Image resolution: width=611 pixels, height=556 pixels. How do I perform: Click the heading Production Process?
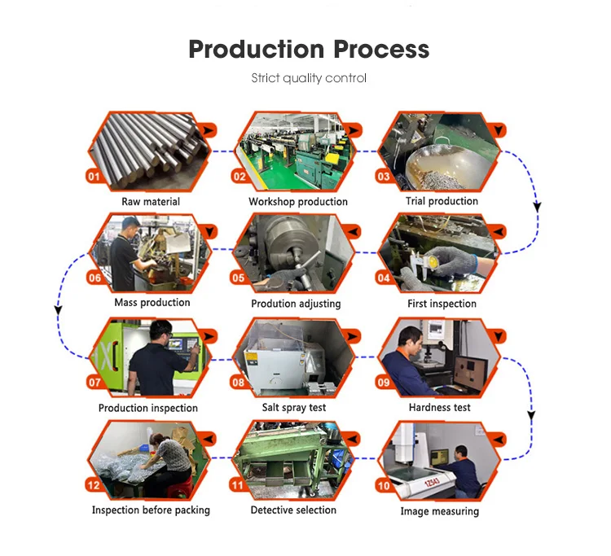point(309,49)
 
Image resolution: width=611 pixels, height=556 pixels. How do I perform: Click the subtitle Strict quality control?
point(309,78)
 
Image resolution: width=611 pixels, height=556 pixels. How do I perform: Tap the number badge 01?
point(94,176)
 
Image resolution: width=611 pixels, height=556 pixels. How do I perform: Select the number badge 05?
point(238,278)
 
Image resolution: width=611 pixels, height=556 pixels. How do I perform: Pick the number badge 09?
point(383,382)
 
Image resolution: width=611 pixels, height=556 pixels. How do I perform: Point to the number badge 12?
point(94,487)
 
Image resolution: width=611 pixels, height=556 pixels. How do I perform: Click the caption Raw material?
point(151,201)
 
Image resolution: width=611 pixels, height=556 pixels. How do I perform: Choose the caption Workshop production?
point(298,201)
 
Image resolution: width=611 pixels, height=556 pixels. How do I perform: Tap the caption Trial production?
point(442,201)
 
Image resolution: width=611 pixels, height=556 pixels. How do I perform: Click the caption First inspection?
point(442,304)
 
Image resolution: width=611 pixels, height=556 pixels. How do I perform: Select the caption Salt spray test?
point(294,406)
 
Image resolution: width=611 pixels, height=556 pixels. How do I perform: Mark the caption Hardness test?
point(440,406)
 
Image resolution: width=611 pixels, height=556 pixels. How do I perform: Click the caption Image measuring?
point(440,511)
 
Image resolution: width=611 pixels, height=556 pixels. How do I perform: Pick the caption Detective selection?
point(293,510)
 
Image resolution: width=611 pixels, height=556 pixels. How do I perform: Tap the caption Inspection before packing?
point(151,510)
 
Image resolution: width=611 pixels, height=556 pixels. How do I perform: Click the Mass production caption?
point(152,302)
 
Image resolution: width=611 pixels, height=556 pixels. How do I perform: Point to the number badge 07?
point(94,382)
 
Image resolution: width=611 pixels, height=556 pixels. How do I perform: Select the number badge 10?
point(383,486)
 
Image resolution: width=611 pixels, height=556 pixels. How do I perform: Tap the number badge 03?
point(383,176)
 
